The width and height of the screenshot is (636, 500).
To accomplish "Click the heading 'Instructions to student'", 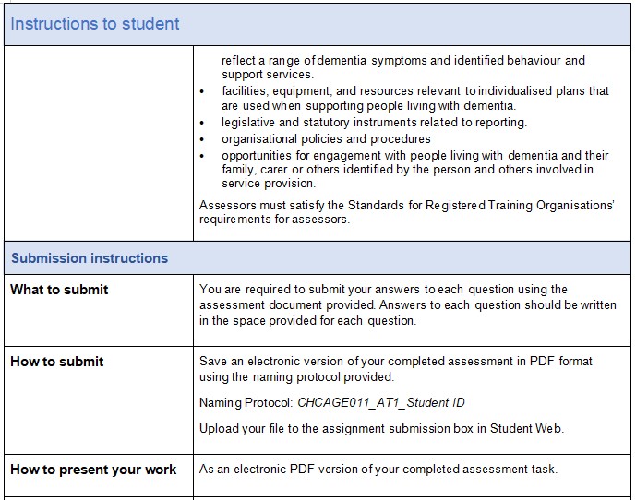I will [95, 24].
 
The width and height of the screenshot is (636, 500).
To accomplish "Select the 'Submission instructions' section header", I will [90, 258].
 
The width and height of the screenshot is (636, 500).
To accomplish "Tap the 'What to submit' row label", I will [59, 290].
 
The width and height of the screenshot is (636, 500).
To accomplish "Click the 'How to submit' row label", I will [57, 362].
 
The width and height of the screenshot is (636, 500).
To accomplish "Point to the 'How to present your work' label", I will [93, 470].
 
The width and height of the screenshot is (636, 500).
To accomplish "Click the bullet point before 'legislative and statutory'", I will [202, 123].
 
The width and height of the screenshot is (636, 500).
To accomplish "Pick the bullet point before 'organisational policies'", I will [202, 139].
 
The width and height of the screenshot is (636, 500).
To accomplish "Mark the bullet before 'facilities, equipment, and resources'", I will [202, 91].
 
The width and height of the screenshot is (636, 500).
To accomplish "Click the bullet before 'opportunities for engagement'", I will [202, 156].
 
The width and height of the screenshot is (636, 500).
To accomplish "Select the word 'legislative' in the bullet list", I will [250, 123].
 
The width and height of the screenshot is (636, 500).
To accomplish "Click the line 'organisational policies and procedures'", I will [326, 139].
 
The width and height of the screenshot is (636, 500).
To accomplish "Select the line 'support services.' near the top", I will [268, 74].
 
